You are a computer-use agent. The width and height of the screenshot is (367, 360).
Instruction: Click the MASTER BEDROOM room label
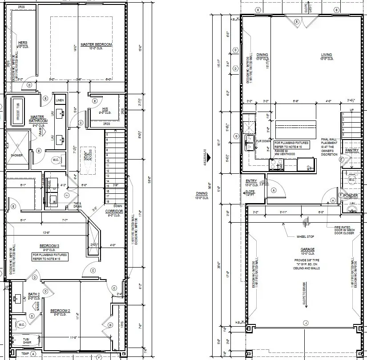[x=96, y=45]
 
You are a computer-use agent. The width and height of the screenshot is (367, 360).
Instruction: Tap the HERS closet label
[x=22, y=43]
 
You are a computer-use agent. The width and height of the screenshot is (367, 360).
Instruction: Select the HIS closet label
[x=105, y=108]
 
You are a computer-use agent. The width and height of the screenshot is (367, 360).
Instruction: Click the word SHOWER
[x=16, y=155]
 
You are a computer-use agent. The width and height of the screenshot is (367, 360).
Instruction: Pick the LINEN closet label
[x=60, y=100]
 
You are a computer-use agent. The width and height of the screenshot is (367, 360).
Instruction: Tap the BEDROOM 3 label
[x=49, y=246]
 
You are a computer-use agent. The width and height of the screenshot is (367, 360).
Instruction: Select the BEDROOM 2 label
[x=60, y=310]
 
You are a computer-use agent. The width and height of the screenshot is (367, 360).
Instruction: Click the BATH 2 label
[x=34, y=294]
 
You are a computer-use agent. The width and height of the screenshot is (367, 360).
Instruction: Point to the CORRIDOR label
[x=114, y=211]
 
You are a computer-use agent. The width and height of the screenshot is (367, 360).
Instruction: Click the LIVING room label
[x=327, y=55]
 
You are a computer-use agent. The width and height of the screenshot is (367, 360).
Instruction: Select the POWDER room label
[x=351, y=195]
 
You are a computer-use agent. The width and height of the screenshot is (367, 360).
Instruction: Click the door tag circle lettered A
[x=273, y=190]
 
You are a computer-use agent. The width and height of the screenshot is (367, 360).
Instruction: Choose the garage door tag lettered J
[x=305, y=322]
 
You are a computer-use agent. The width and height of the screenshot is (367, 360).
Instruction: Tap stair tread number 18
[x=107, y=201]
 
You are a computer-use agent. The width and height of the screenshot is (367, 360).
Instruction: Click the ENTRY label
[x=251, y=181]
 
